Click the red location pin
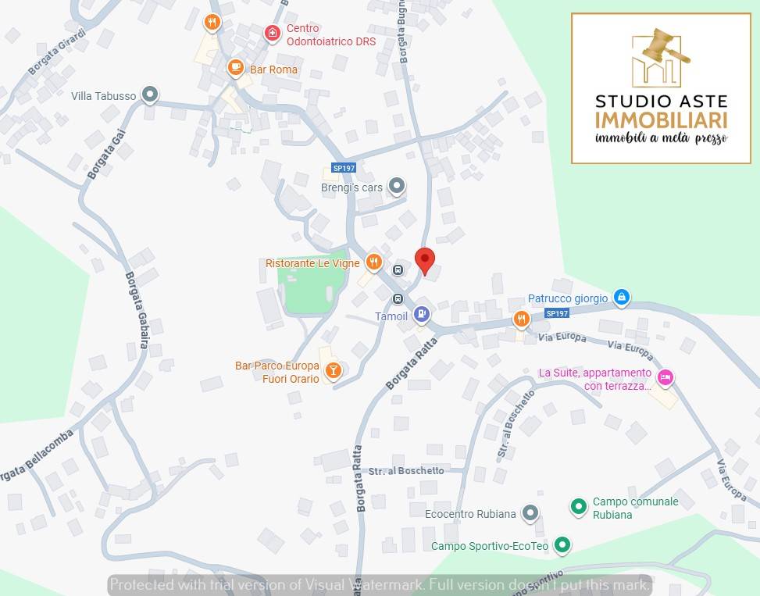[x=424, y=260]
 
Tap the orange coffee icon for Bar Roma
[x=235, y=67]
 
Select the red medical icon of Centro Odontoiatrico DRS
[x=272, y=33]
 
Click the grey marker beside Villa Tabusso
[x=150, y=95]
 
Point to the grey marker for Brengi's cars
[x=397, y=186]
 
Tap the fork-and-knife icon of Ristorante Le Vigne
[x=373, y=262]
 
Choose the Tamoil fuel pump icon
[x=422, y=314]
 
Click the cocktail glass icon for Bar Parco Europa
[x=333, y=370]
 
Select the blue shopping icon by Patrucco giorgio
[x=622, y=297]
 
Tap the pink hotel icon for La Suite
[x=665, y=378]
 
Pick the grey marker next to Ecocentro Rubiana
[x=530, y=512]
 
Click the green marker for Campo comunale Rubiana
[x=578, y=507]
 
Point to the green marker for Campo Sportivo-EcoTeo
[x=562, y=545]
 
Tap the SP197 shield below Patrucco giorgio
[x=557, y=313]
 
